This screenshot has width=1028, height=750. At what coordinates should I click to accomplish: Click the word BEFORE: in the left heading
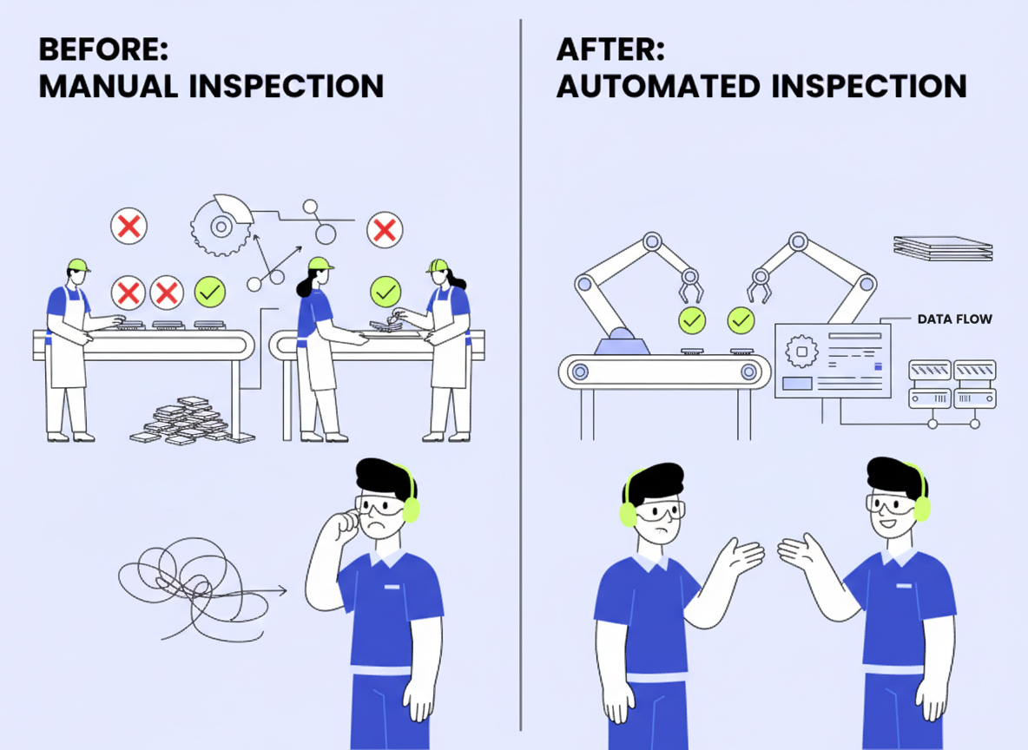(x=103, y=49)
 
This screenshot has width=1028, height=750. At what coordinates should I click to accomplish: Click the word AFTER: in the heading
(x=611, y=49)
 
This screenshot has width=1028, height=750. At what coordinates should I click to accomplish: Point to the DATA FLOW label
(x=954, y=319)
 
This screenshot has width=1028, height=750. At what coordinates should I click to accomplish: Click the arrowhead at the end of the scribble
(x=282, y=590)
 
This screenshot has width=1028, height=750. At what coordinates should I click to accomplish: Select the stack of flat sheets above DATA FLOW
(x=943, y=247)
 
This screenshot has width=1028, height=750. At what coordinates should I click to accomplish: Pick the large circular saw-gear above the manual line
(x=221, y=226)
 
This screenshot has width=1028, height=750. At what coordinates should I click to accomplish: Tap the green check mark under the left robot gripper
(x=692, y=320)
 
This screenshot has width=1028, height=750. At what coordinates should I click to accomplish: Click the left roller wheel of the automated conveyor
(x=580, y=372)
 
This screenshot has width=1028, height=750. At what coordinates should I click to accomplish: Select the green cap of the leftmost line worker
(x=79, y=265)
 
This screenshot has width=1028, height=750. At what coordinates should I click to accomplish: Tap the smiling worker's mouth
(x=887, y=523)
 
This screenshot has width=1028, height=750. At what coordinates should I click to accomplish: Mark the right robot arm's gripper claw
(x=759, y=286)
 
